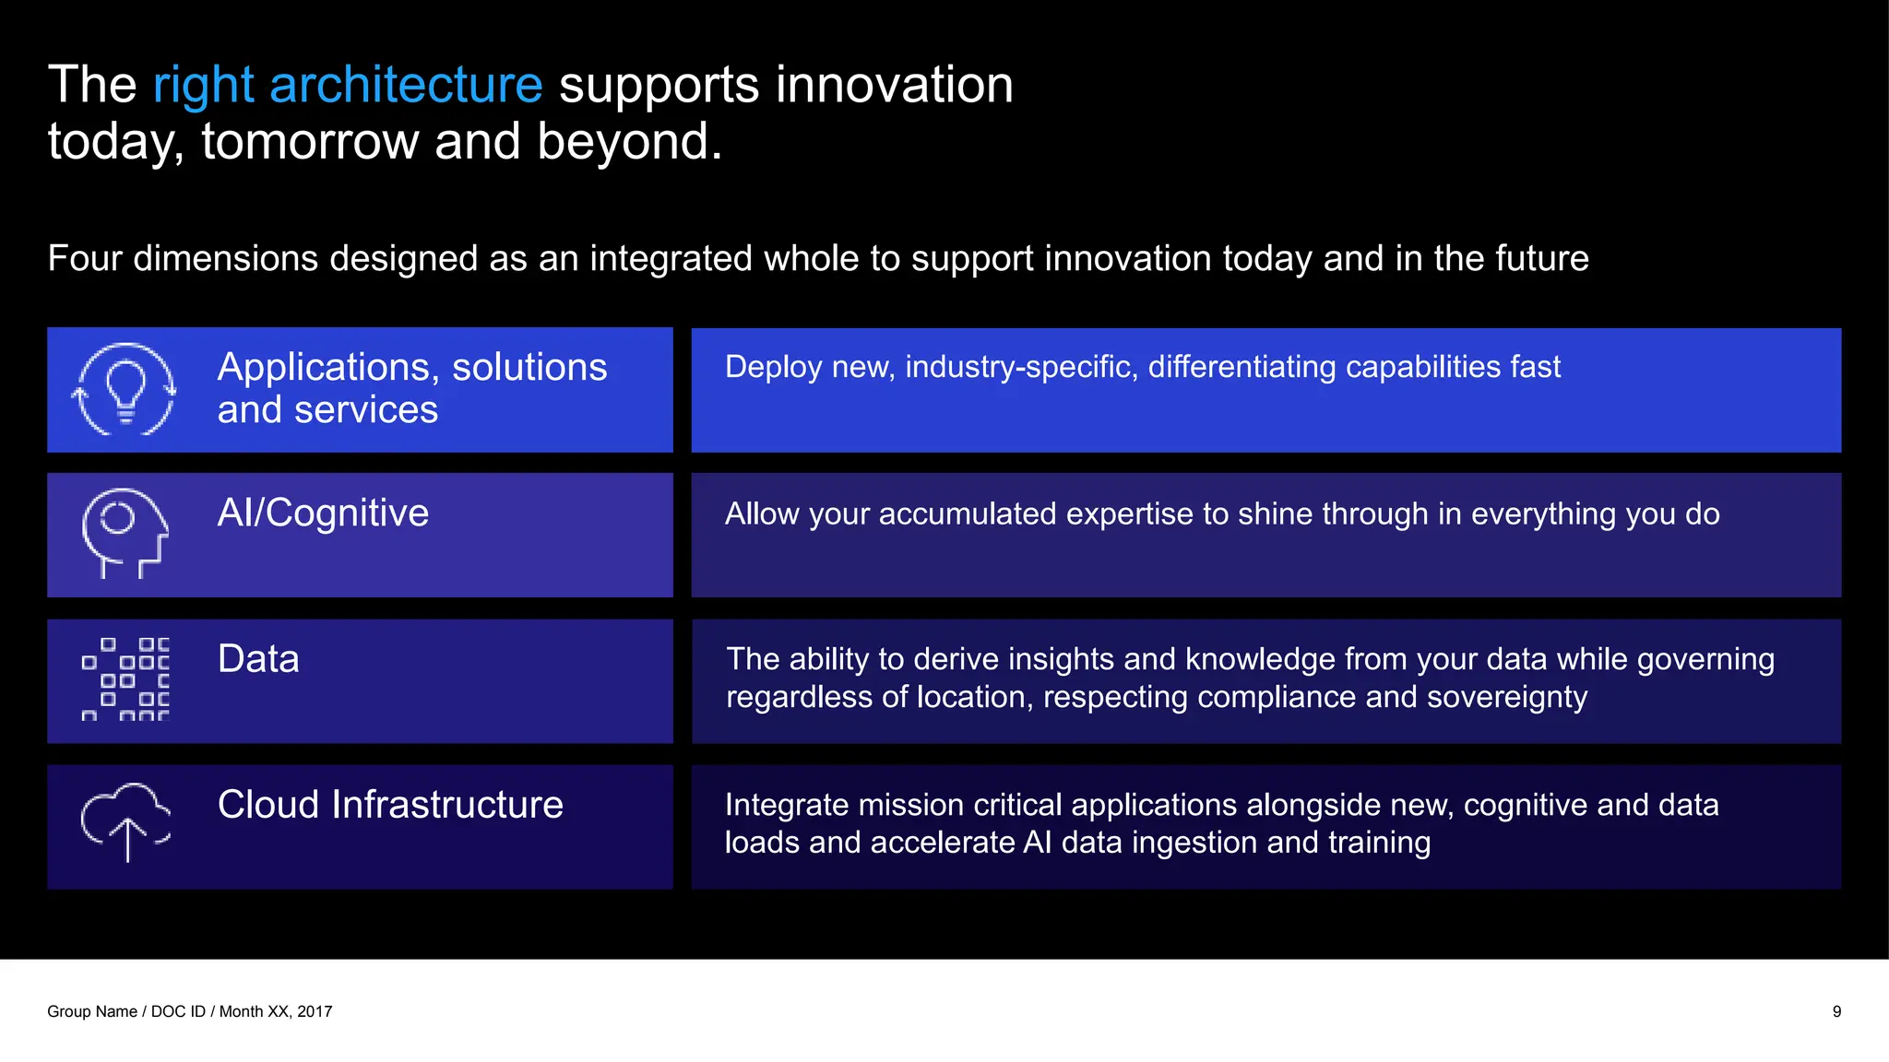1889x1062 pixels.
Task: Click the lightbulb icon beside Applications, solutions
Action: tap(125, 389)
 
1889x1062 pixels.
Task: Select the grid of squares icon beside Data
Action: tap(125, 678)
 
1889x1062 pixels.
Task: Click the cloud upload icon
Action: tap(125, 820)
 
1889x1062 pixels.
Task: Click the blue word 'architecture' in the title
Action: tap(406, 85)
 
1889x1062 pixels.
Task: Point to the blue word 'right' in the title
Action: tap(203, 85)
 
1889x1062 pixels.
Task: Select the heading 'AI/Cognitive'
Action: tap(323, 513)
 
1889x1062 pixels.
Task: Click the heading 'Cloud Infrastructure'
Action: tap(390, 805)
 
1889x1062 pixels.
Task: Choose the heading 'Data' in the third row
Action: tap(258, 659)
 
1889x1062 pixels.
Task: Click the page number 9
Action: tap(1836, 1011)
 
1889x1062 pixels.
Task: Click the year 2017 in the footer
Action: tap(315, 1011)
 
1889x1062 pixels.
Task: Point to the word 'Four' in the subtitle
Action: tap(85, 258)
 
